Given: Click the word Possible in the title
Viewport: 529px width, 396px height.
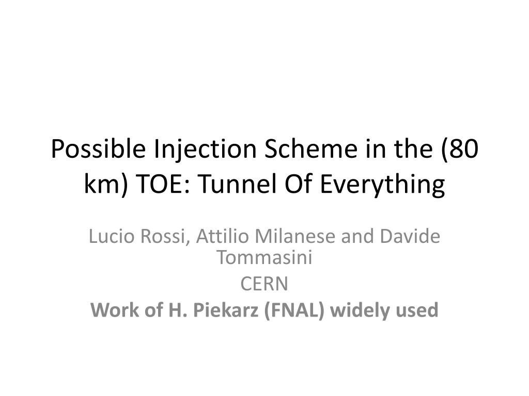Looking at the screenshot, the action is tap(99, 149).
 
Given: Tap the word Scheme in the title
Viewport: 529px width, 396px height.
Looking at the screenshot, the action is tap(310, 148).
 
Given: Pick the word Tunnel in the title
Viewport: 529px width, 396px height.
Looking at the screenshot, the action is tap(238, 184).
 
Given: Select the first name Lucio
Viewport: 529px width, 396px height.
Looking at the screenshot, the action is tap(112, 236).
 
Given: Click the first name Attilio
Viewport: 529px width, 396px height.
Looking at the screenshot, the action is tap(223, 236).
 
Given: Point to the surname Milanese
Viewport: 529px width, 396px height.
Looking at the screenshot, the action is tap(295, 236).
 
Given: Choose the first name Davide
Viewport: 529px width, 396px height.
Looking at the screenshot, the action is tap(410, 236).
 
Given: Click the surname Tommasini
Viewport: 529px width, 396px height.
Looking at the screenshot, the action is tap(264, 257).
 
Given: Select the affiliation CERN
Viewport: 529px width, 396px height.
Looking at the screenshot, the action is tap(264, 284).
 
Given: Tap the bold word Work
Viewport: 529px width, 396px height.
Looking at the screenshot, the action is tap(115, 310).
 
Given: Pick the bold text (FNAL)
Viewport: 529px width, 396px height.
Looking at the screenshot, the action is tap(294, 310).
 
